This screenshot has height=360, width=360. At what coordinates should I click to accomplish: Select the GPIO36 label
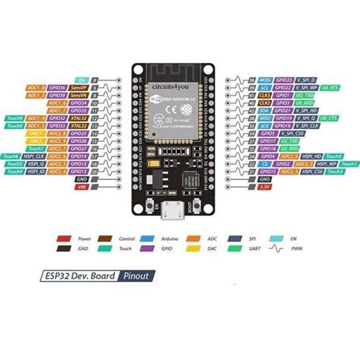56,87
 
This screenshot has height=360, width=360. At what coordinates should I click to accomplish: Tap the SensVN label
77,95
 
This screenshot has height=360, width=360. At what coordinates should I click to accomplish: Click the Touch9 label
14,118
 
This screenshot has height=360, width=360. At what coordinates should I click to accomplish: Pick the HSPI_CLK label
35,156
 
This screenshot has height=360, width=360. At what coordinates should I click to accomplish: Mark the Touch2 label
349,163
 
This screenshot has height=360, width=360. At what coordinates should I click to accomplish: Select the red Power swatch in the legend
61,238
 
